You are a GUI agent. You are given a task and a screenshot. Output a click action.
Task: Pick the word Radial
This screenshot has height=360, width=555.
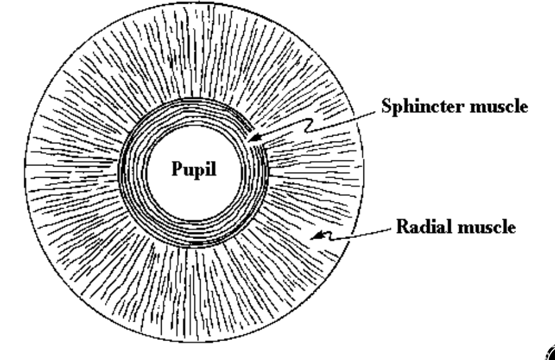click(418, 229)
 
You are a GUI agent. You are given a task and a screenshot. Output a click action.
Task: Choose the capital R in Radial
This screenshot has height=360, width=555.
click(403, 229)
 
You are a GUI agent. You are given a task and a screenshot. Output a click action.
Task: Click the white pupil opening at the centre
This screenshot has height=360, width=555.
click(195, 195)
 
